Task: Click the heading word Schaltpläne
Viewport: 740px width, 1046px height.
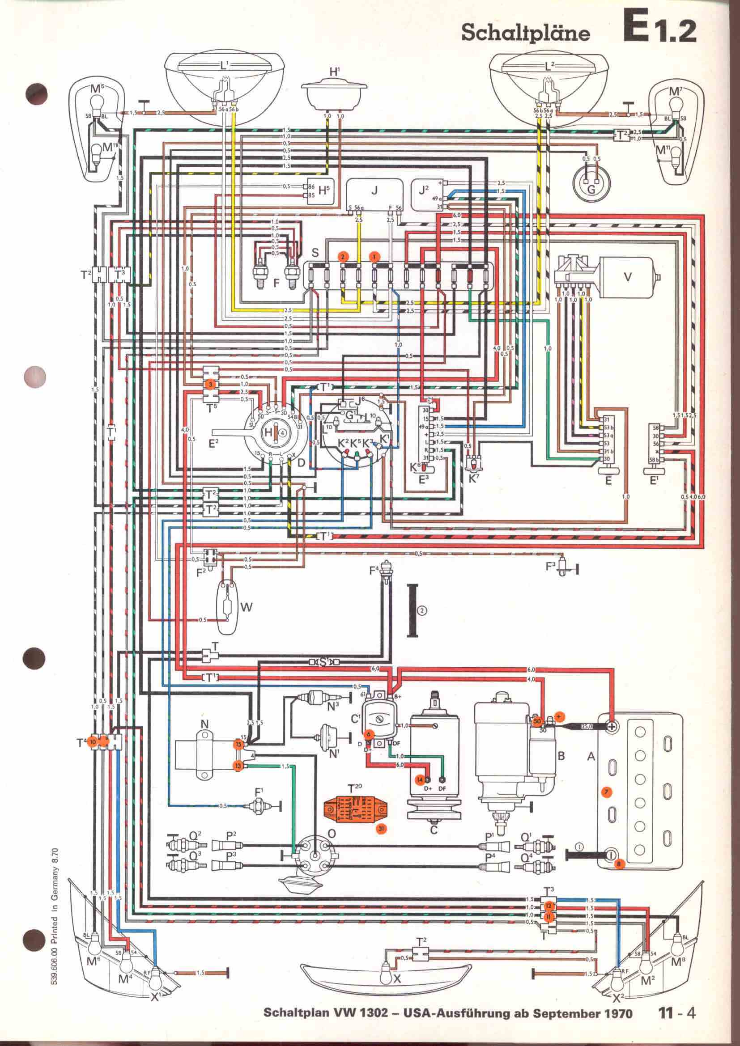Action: (525, 33)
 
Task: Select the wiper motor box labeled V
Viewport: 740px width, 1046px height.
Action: (626, 276)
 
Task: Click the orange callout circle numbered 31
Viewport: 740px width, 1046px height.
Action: (381, 829)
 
